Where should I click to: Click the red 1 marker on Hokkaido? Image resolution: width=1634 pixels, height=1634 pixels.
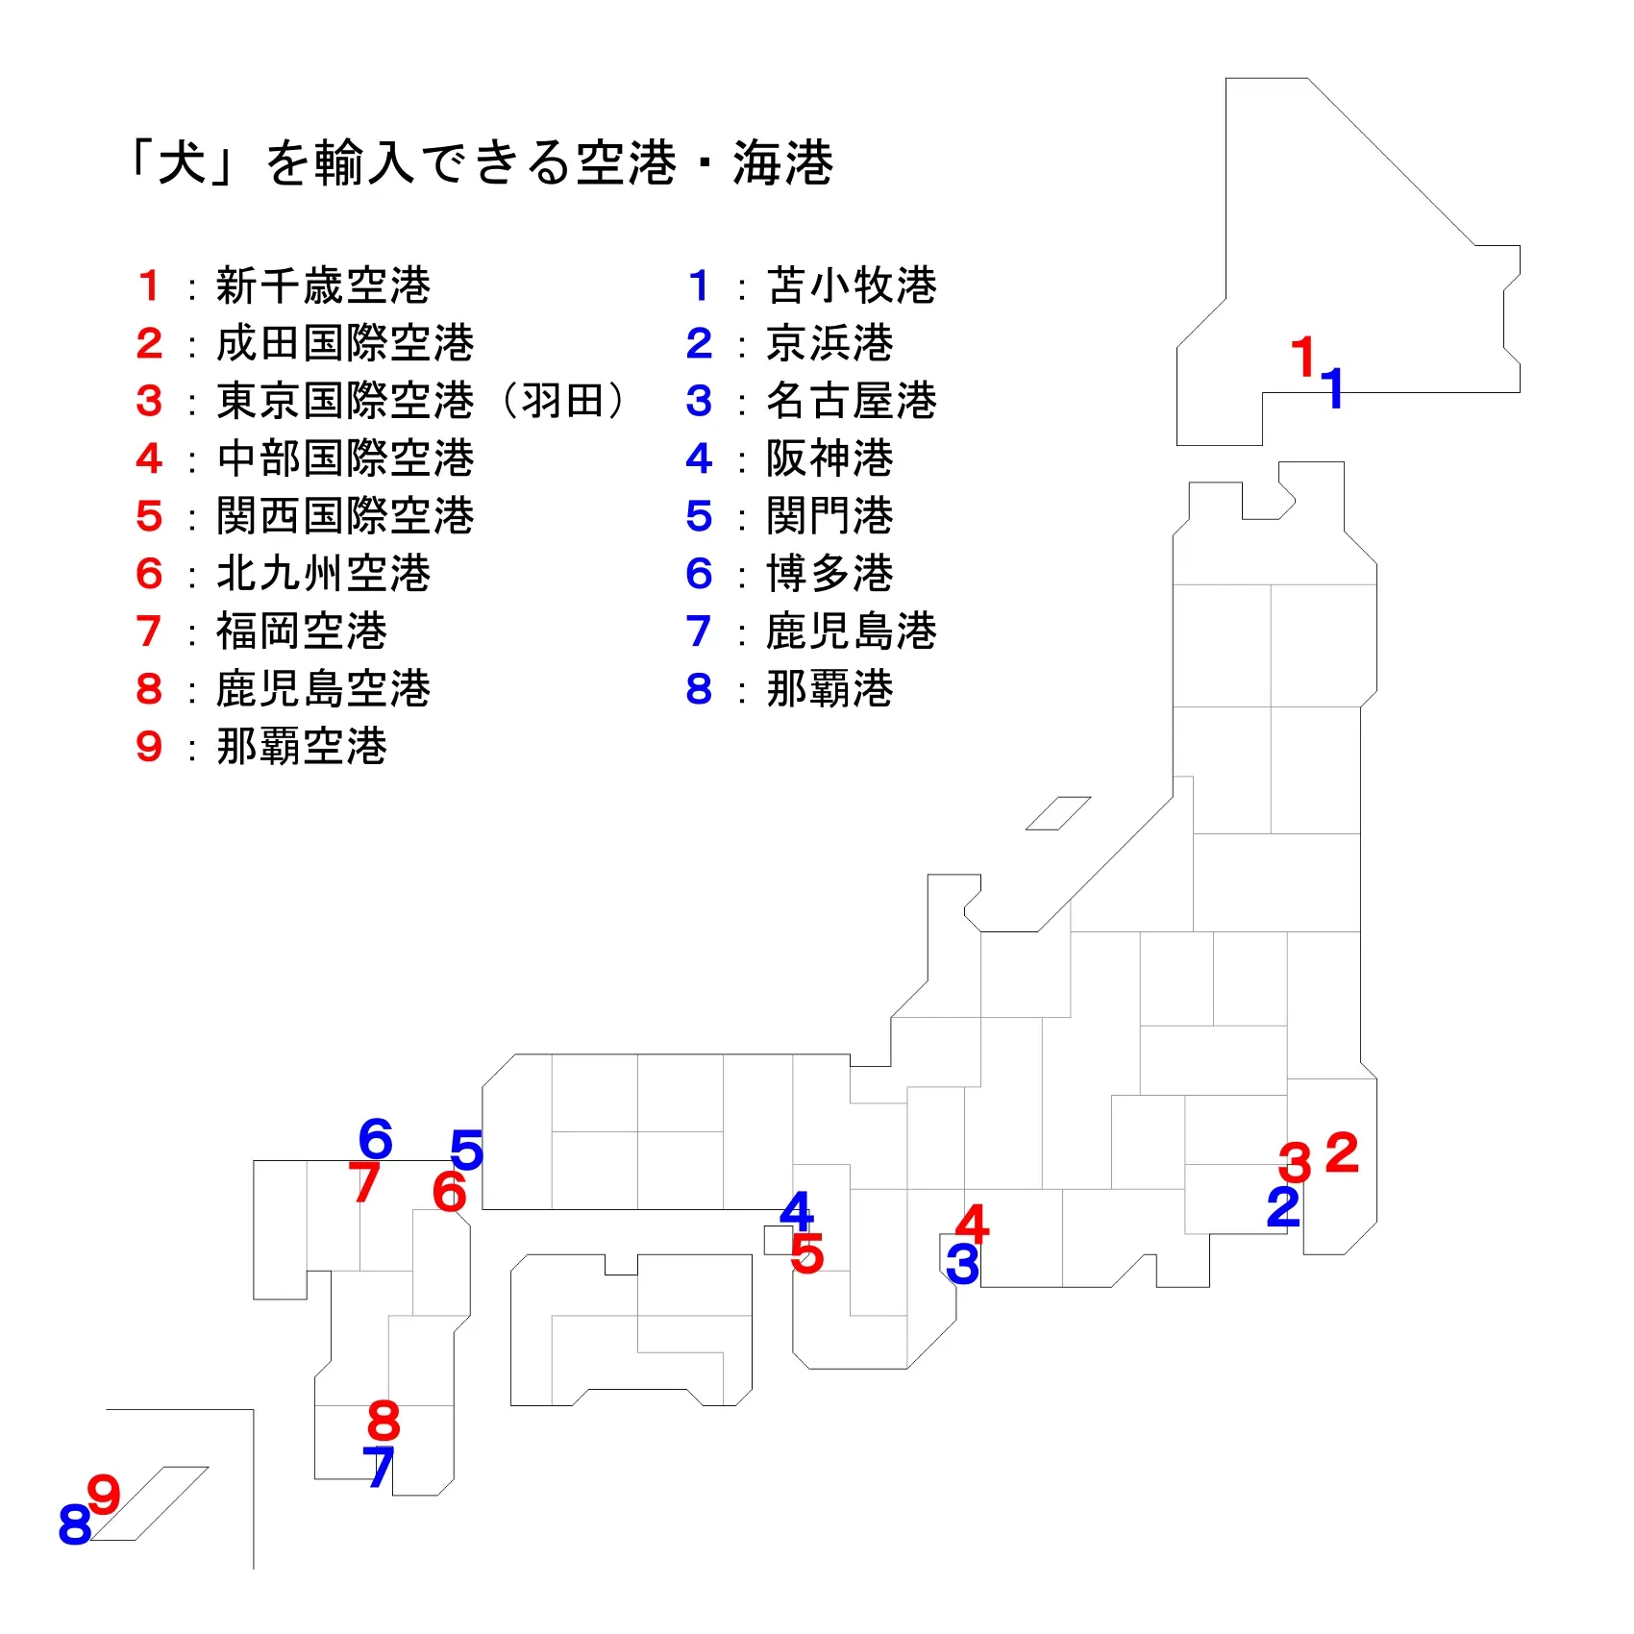[x=1303, y=357]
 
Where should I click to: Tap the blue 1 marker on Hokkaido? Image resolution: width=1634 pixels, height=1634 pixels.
[x=1332, y=388]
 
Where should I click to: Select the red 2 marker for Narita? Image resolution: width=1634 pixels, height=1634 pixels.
[x=1342, y=1152]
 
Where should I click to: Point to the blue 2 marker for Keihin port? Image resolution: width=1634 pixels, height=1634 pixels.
[x=1283, y=1207]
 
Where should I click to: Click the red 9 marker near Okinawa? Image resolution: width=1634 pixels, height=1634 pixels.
[x=104, y=1495]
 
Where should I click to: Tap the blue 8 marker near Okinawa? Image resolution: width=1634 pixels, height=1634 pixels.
[x=75, y=1524]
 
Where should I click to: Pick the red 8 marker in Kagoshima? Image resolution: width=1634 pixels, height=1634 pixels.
[x=384, y=1421]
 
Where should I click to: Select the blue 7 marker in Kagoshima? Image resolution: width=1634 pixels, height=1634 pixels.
[x=379, y=1467]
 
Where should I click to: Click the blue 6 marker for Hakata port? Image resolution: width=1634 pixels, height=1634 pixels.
[x=375, y=1139]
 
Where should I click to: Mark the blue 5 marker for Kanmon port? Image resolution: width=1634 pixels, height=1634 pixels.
[x=466, y=1150]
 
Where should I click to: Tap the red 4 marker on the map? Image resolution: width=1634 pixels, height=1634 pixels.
[x=972, y=1224]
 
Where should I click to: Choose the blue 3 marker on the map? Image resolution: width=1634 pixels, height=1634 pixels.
[x=962, y=1264]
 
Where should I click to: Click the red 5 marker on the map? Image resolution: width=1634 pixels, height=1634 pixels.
[x=807, y=1253]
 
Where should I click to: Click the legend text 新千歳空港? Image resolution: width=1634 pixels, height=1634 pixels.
[x=323, y=285]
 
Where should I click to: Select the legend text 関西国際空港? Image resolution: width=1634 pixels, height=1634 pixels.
[x=345, y=516]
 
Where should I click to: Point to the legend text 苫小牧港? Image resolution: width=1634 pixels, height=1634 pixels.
[x=851, y=285]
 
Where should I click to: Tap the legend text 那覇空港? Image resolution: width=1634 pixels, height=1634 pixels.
[x=302, y=747]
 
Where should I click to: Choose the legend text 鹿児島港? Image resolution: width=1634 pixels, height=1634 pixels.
[x=851, y=631]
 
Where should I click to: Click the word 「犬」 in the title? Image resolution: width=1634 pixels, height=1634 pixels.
[x=183, y=161]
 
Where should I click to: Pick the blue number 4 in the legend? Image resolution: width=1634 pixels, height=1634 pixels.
[x=699, y=458]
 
